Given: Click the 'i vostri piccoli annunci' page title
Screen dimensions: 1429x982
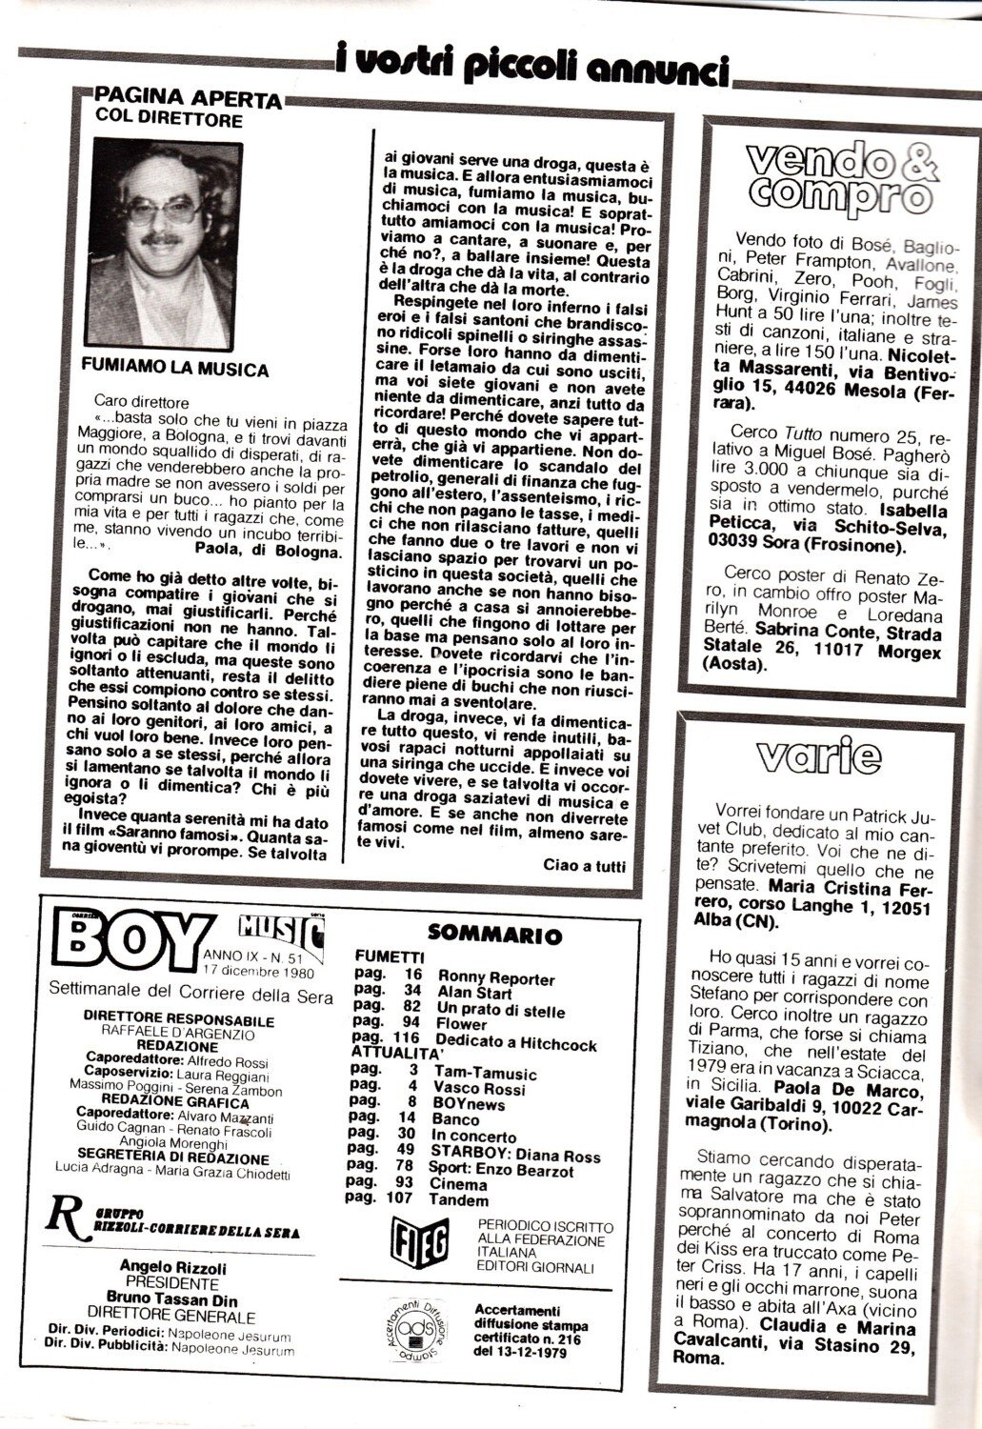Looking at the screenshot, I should point(533,66).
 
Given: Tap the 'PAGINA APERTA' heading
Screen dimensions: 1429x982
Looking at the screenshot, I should point(189,99).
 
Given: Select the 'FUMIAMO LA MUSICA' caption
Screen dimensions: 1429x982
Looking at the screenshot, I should point(175,369).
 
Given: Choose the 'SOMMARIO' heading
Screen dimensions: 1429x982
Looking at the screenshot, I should point(494,935).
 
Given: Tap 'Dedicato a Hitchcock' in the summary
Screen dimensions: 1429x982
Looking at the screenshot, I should point(517,1044).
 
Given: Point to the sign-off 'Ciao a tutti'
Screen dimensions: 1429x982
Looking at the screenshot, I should point(585,866).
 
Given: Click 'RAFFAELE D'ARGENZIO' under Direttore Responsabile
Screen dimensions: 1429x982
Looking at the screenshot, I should point(165,1032).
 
